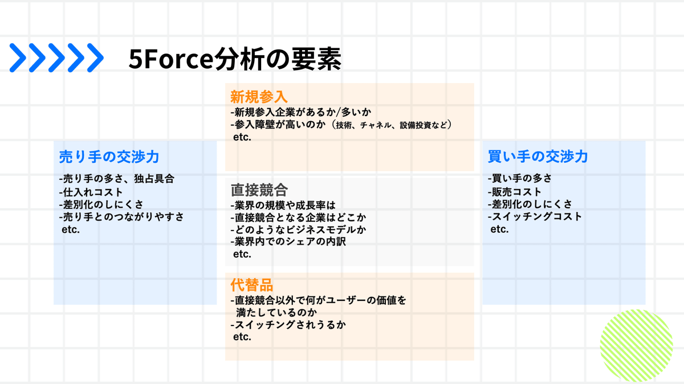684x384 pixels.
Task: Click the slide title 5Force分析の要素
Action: point(235,59)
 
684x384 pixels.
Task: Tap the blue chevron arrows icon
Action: point(56,57)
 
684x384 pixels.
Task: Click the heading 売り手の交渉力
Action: point(109,156)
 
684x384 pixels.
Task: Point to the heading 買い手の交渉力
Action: point(538,156)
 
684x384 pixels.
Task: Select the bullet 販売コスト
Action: point(515,192)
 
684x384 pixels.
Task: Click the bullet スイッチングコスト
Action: point(535,217)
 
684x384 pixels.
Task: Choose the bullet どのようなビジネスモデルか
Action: point(298,230)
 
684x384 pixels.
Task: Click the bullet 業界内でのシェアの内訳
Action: point(288,242)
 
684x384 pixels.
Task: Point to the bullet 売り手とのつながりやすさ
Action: point(121,217)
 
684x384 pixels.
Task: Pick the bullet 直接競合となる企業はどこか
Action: point(298,217)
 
